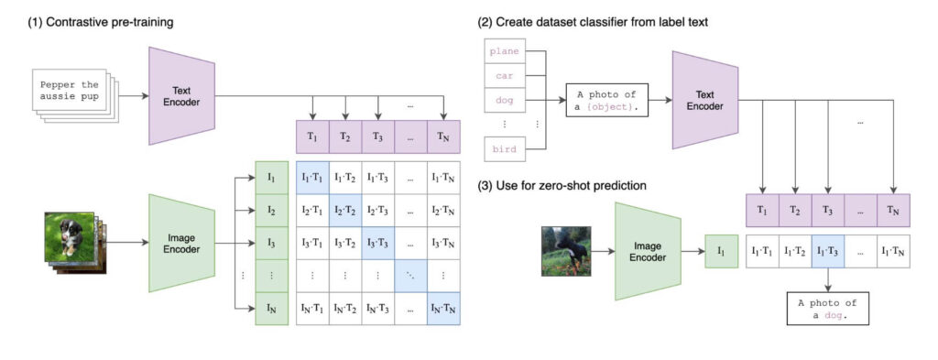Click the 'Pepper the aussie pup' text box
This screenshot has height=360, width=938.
[x=70, y=91]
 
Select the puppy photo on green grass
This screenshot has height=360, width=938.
[x=70, y=237]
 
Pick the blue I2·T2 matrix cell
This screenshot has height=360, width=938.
[x=344, y=211]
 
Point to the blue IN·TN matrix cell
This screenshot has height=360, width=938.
[x=443, y=309]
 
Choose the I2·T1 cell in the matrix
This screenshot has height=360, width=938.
[x=312, y=211]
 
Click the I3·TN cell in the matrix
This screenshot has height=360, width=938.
[x=443, y=244]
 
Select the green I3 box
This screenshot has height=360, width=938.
[x=271, y=244]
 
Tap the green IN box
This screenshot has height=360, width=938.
[x=271, y=309]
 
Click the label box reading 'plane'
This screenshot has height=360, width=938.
[x=505, y=51]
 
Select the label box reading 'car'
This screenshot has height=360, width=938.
[x=505, y=76]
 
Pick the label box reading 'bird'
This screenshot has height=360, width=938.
[x=505, y=149]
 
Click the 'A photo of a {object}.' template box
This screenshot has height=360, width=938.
[x=606, y=100]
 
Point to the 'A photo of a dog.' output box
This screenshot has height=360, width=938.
[x=828, y=309]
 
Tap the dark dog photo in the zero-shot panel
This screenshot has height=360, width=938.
[x=566, y=251]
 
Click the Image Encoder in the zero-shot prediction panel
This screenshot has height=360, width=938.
[x=648, y=251]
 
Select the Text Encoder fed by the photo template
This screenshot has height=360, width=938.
[x=704, y=100]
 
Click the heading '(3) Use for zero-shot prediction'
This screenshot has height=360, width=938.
[x=562, y=186]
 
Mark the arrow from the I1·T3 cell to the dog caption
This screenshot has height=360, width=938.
[x=828, y=280]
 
